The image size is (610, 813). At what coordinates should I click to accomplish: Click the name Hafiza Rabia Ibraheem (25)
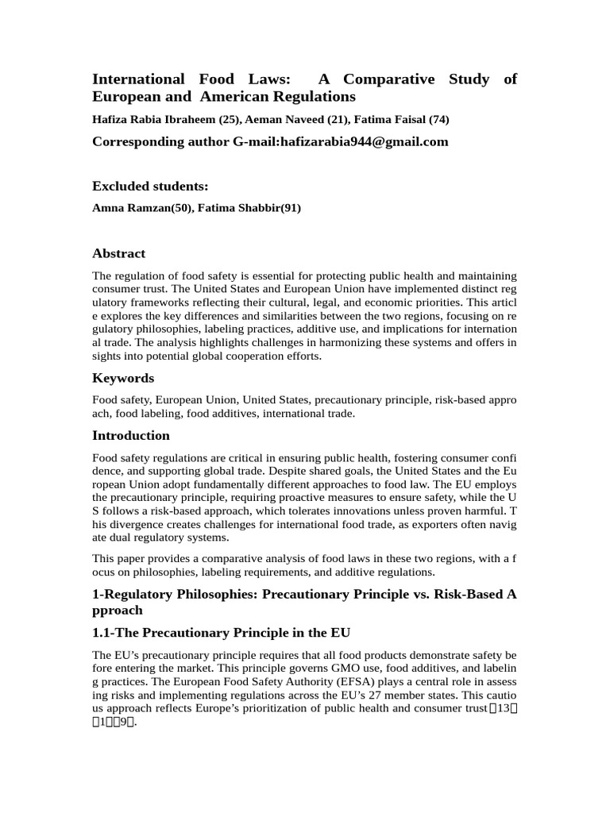coord(164,120)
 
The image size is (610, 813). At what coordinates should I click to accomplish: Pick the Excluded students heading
coord(150,187)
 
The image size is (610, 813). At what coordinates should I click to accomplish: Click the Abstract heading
coord(118,254)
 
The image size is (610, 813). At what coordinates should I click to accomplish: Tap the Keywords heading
coord(123,378)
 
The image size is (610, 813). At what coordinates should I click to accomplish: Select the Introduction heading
coord(131,436)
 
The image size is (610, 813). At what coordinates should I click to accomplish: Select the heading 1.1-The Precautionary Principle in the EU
coord(221,633)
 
